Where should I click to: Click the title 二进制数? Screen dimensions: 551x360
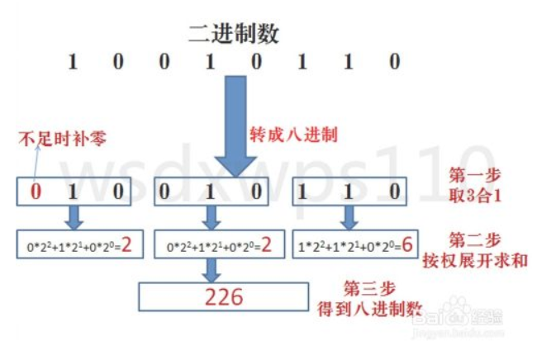click(234, 34)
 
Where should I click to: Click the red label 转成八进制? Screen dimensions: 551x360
click(293, 132)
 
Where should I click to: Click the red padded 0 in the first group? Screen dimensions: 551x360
click(36, 192)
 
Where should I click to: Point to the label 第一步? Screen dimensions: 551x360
click(475, 177)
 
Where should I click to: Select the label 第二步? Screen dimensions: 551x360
click(475, 240)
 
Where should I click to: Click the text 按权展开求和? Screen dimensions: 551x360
click(487, 260)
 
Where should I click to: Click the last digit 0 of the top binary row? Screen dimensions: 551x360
click(395, 62)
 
